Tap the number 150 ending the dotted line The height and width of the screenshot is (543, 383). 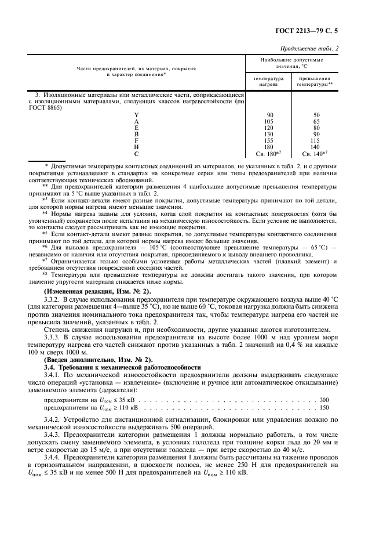pyautogui.click(x=324, y=408)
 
